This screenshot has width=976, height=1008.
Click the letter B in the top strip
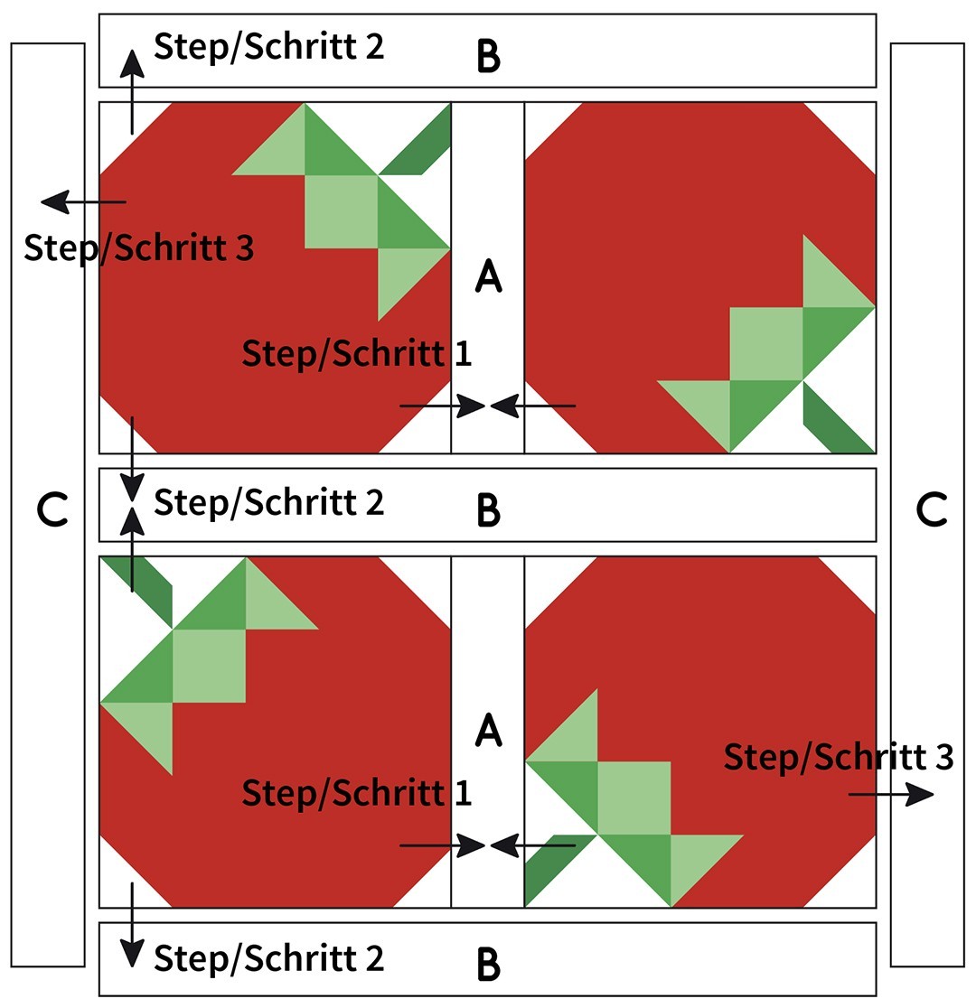click(x=488, y=56)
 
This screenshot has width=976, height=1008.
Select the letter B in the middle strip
click(x=488, y=511)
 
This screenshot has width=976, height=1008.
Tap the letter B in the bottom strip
click(x=488, y=966)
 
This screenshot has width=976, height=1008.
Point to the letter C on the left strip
click(x=52, y=510)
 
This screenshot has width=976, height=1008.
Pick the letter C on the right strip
click(x=931, y=510)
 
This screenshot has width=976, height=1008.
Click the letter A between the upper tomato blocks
click(x=488, y=276)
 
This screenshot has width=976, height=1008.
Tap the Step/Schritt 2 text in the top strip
click(x=268, y=46)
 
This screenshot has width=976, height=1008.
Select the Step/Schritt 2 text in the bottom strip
click(x=268, y=957)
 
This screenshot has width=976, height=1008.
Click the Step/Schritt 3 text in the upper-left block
click(x=138, y=247)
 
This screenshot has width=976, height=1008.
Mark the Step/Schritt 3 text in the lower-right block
click(x=838, y=757)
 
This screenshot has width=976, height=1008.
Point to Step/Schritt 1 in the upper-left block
click(x=356, y=353)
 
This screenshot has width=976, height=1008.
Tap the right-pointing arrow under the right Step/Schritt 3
click(x=891, y=795)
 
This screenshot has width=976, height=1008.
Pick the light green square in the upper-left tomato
click(x=341, y=211)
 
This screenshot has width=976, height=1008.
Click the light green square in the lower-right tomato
click(x=633, y=798)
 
